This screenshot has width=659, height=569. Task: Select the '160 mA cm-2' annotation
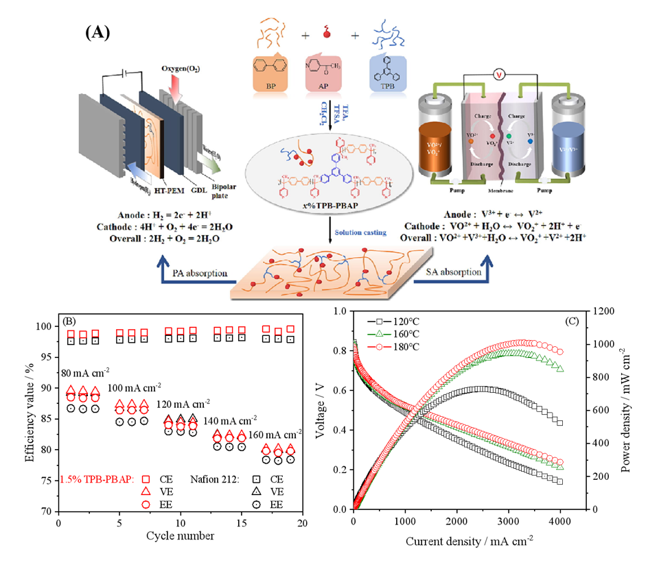(275, 434)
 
